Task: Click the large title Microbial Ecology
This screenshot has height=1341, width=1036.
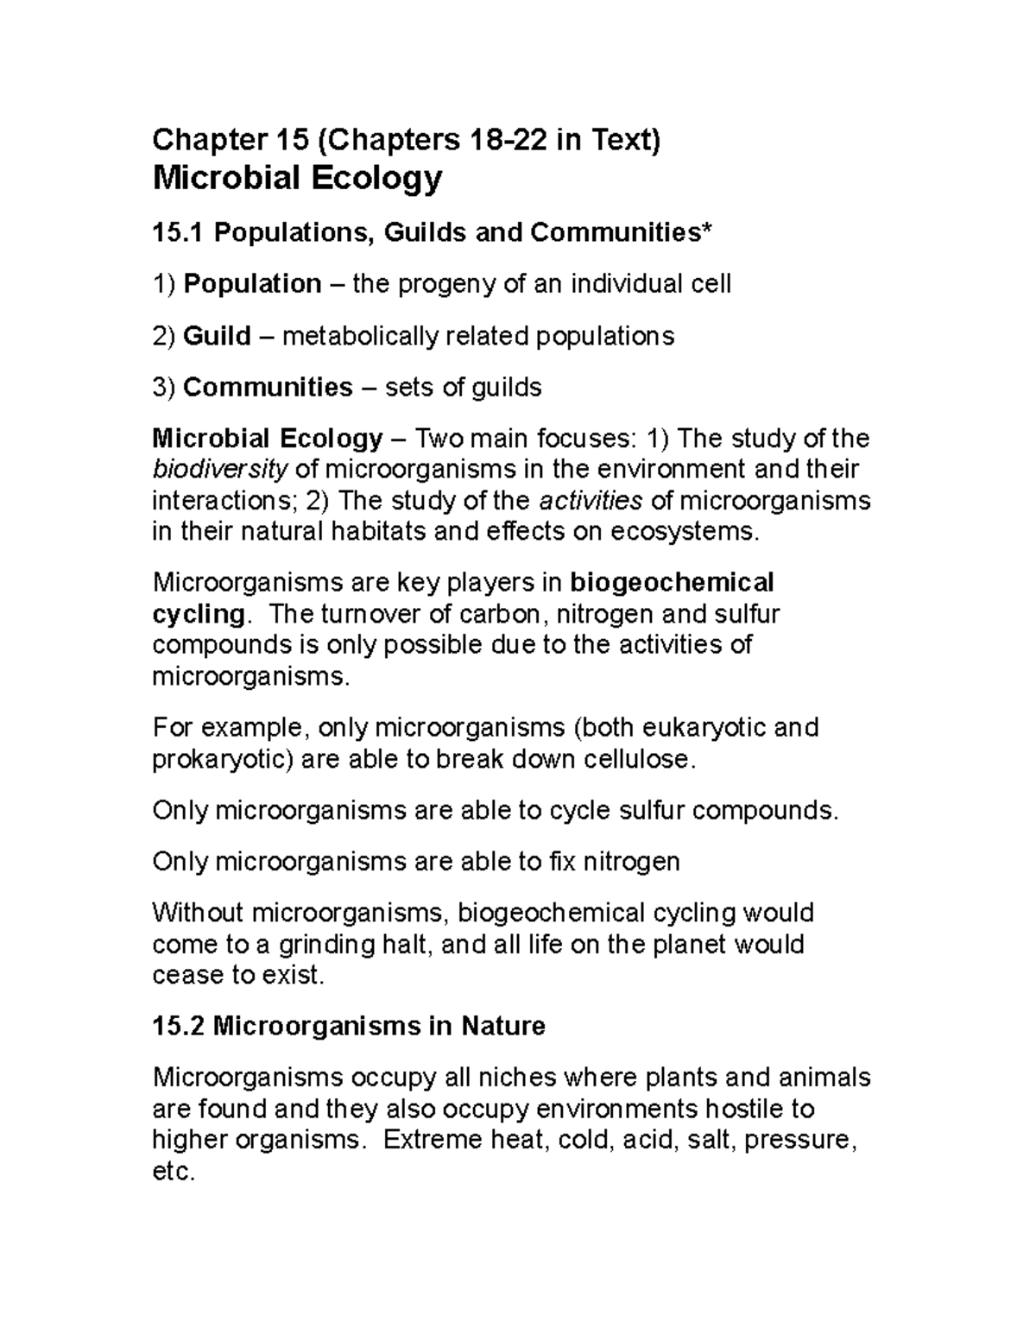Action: [297, 179]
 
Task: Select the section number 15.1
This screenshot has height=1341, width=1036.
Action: [178, 232]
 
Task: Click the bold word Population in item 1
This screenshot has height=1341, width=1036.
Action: [252, 283]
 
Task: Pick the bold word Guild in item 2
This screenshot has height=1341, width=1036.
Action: [217, 335]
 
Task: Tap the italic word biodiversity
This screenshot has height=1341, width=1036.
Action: [220, 470]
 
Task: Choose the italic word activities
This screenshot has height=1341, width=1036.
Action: [591, 501]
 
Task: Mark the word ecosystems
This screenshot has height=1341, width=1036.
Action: [685, 532]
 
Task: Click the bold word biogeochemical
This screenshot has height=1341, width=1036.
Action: [672, 583]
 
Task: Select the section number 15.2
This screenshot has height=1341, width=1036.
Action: [178, 1027]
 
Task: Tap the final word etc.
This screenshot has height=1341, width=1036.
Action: [174, 1172]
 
